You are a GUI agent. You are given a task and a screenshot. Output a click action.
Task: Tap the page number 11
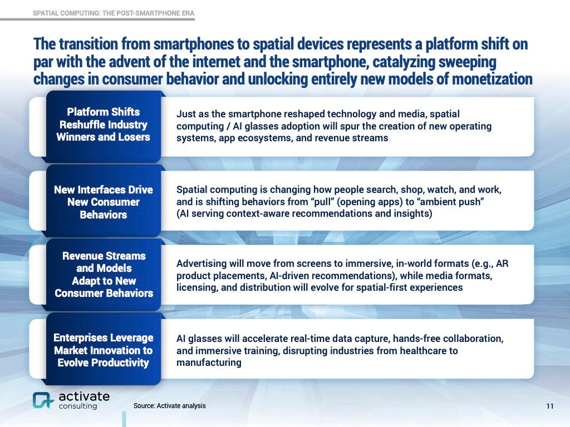550,406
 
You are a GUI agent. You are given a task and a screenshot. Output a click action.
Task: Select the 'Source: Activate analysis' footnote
169,406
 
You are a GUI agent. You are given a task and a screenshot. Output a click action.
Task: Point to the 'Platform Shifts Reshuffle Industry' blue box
104,124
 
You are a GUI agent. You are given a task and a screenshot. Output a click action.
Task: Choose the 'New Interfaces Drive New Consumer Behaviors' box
104,202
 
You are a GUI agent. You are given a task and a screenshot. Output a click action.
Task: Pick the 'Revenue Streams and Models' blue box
104,274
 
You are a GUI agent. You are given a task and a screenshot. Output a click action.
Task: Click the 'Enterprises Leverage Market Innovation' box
104,350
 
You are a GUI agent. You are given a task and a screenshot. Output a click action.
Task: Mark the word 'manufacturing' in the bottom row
209,363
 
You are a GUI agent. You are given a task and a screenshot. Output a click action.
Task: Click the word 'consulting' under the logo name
78,406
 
